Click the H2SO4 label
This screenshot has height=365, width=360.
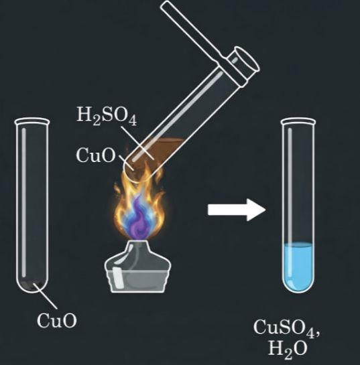107,116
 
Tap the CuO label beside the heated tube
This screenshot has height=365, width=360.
96,155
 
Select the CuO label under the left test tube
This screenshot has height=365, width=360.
56,321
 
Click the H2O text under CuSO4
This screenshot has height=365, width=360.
288,348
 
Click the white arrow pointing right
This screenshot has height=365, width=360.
237,210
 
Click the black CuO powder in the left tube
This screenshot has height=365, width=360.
32,285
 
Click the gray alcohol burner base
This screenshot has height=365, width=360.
138,276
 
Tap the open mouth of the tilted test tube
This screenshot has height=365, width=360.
247,59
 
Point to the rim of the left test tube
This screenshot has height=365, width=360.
32,121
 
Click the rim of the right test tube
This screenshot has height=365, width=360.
298,121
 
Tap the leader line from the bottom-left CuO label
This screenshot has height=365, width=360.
46,296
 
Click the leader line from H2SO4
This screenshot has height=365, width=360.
137,143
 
